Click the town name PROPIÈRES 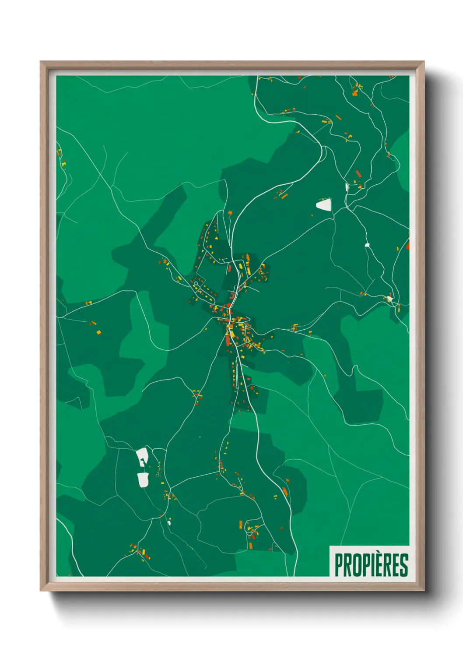point(371,565)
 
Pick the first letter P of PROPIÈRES point(339,565)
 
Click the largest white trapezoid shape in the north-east point(324,204)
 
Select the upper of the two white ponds point(142,457)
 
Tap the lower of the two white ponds point(143,479)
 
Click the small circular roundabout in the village point(196,284)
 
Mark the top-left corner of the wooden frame point(41,62)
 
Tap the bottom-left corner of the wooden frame point(41,591)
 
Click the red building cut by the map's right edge point(407,245)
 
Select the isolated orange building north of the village point(230,213)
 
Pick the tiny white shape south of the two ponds point(169,522)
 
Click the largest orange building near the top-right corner point(354,92)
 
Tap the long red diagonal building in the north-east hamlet point(358,173)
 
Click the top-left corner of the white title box point(330,546)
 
